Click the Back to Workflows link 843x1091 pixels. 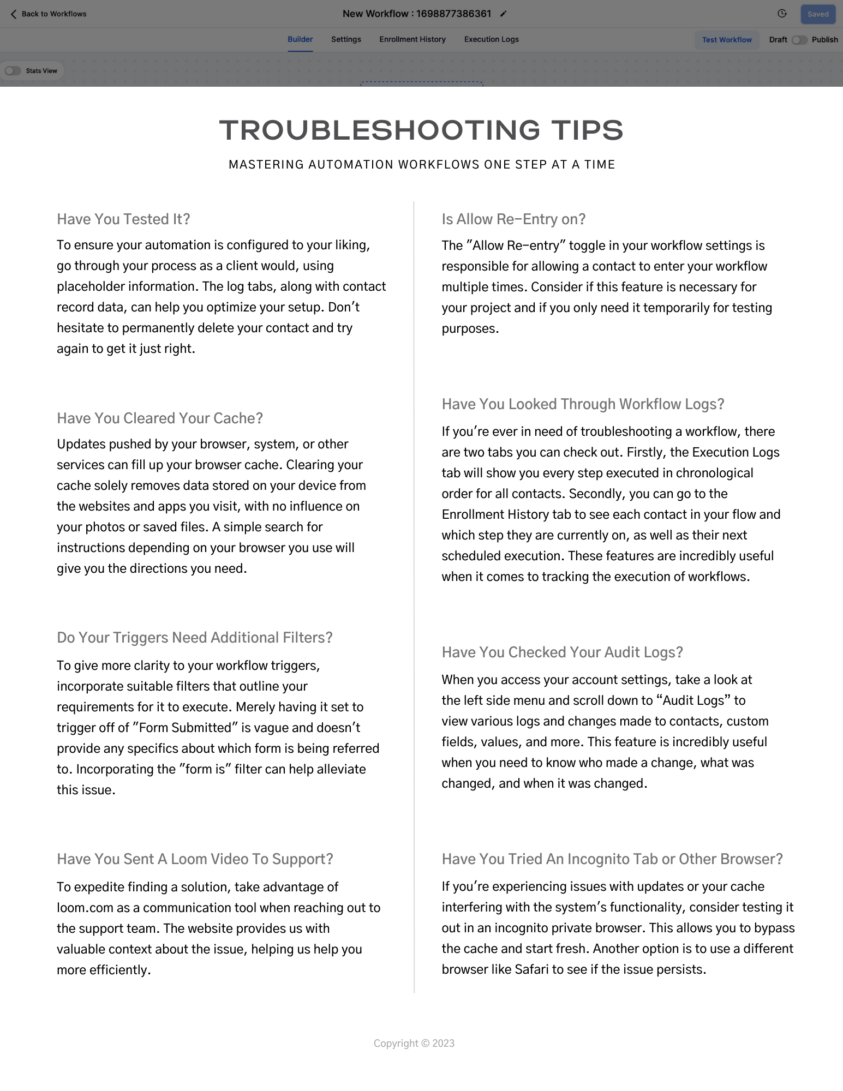(49, 14)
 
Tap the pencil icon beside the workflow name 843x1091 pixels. (504, 14)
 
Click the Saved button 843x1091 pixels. (817, 14)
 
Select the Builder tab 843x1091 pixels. (300, 39)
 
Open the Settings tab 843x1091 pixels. (346, 39)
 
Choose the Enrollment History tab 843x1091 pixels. (412, 39)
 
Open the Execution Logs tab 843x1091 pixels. (491, 39)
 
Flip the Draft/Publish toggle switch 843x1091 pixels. (799, 40)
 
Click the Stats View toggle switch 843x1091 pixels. (13, 71)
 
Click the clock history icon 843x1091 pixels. (782, 14)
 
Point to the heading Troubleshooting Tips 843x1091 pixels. (421, 130)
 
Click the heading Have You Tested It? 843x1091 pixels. (123, 219)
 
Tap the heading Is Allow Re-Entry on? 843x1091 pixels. (513, 219)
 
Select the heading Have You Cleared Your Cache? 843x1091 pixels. (160, 418)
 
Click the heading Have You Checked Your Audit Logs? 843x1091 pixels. (562, 652)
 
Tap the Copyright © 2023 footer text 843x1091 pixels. (414, 1044)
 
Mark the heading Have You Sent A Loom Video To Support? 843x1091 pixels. (195, 859)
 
